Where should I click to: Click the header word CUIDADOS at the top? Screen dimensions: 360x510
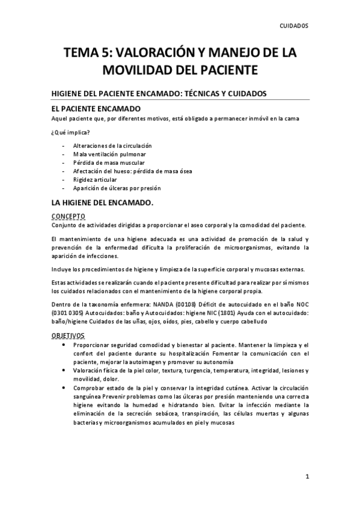click(294, 26)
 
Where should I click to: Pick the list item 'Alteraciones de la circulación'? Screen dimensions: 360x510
click(112, 146)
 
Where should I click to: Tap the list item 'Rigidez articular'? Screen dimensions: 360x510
click(95, 180)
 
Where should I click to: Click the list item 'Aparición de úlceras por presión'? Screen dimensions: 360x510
click(117, 188)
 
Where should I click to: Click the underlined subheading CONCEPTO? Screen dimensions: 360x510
click(68, 216)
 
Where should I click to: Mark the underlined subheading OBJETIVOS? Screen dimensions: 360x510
click(68, 335)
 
